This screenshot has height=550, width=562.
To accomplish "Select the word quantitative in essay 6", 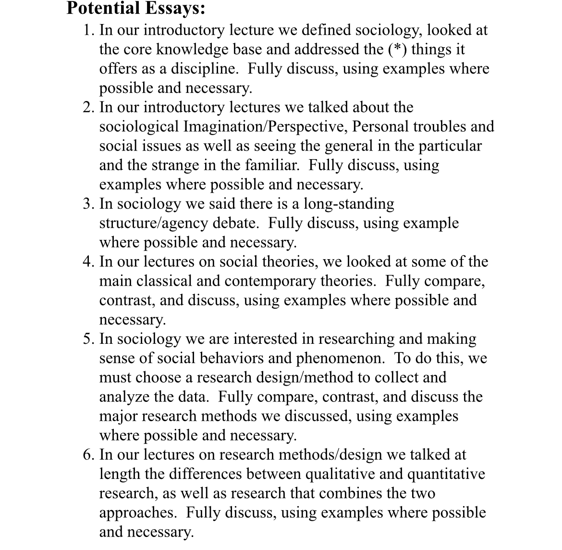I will (446, 474).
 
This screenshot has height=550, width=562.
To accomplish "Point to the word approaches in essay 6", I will (137, 512).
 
